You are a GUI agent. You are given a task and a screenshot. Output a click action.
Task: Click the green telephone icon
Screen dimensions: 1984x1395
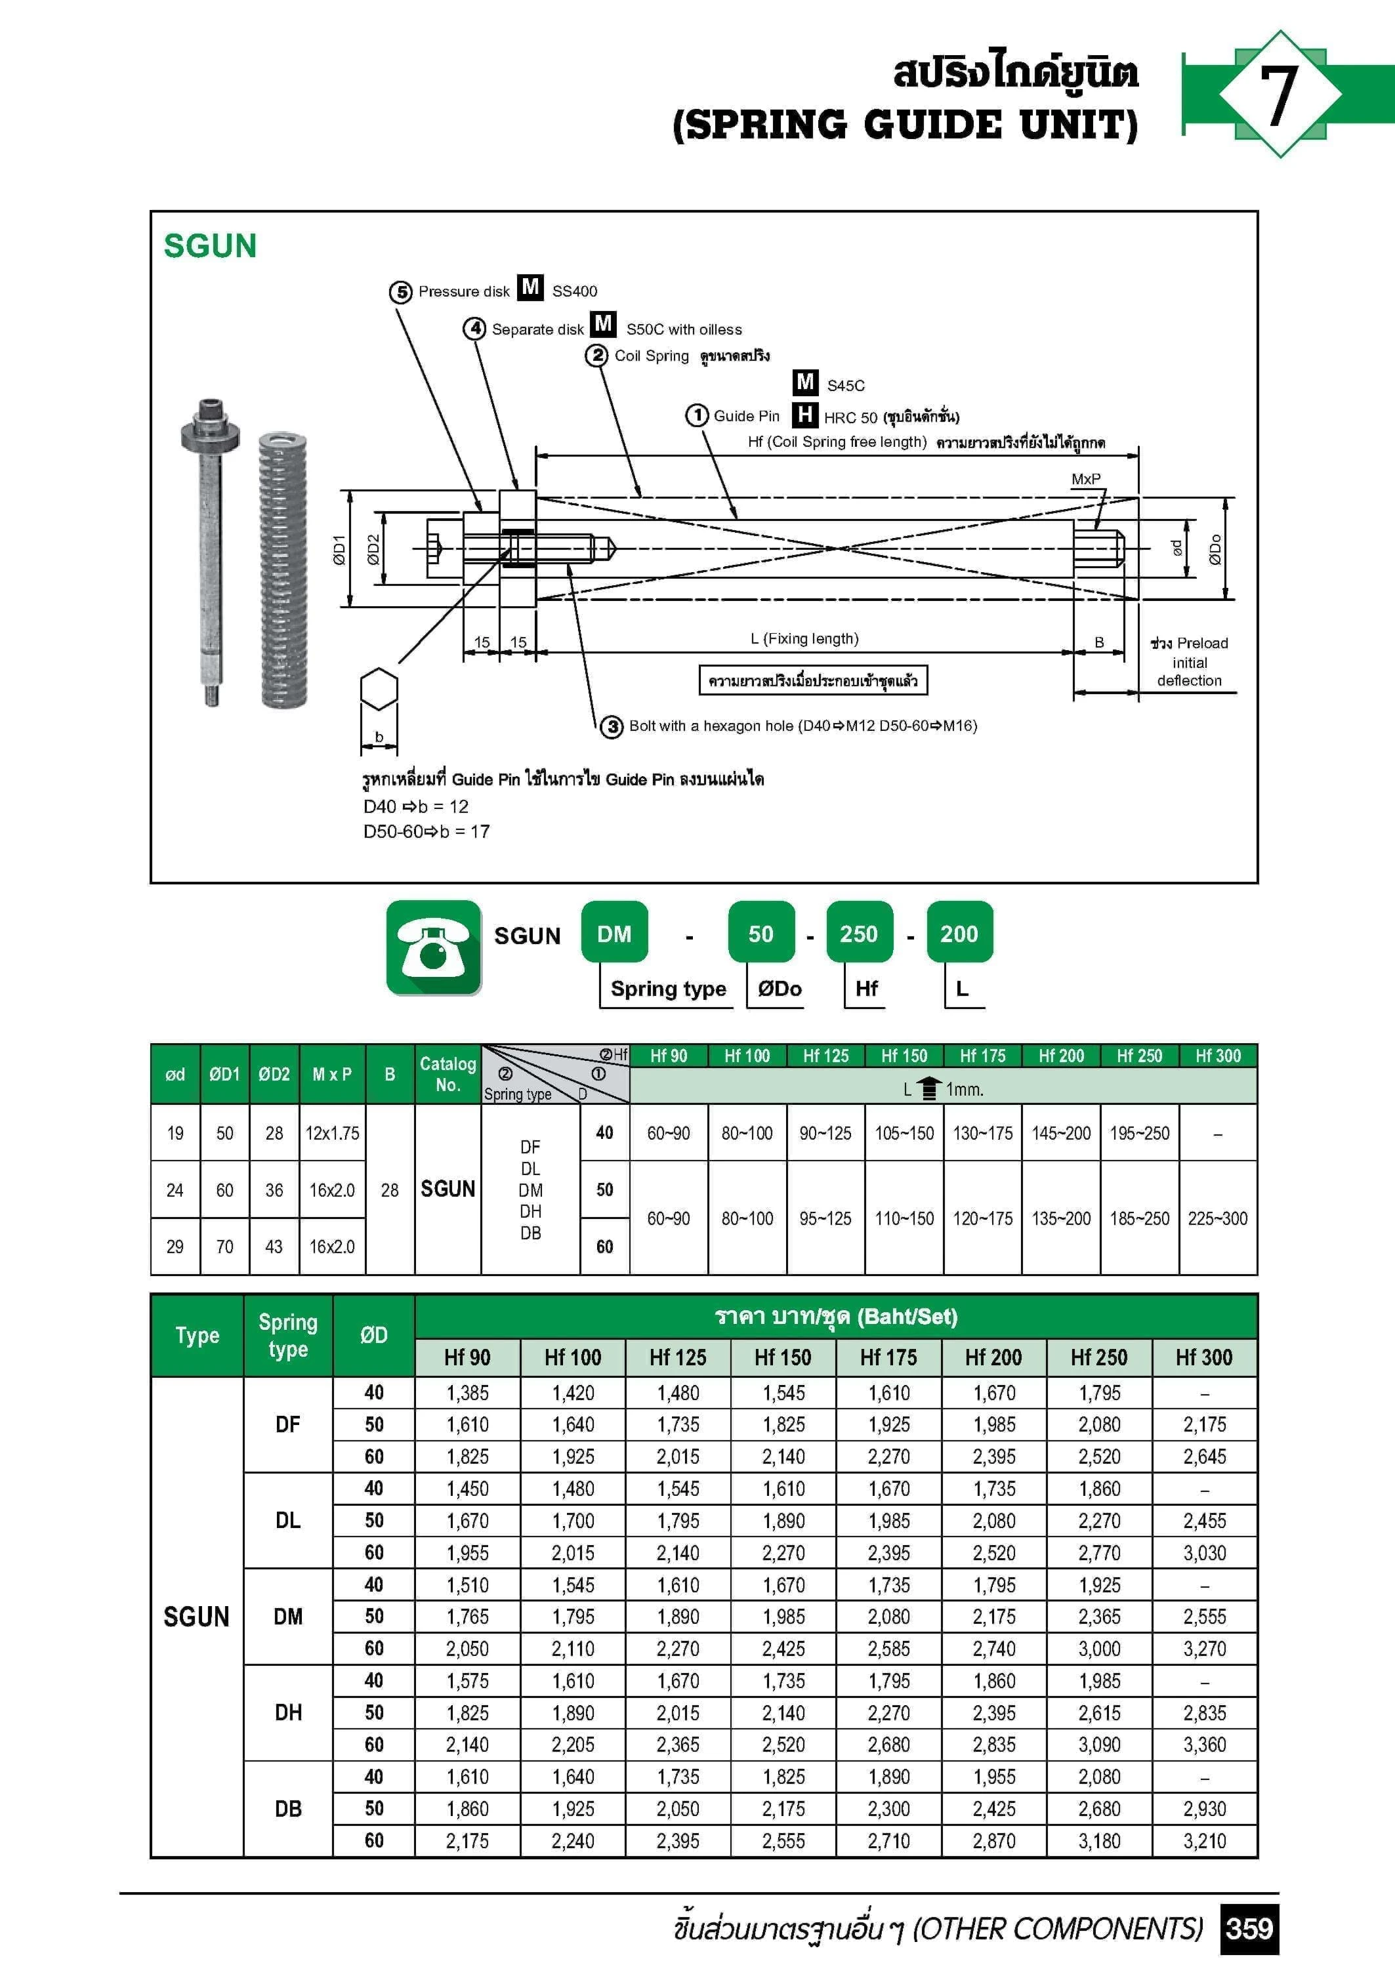(434, 947)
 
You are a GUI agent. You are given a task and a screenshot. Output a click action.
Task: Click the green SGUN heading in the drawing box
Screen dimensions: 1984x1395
(210, 246)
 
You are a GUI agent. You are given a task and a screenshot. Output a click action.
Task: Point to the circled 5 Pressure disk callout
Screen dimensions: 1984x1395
(400, 292)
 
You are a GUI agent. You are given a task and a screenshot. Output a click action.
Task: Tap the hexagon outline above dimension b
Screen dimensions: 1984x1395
(379, 690)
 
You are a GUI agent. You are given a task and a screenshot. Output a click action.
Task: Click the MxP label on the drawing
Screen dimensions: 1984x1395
(1085, 479)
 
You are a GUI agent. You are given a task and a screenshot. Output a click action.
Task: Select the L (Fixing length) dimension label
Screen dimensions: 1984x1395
(804, 638)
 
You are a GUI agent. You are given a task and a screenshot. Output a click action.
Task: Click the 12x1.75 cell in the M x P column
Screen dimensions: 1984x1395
(332, 1133)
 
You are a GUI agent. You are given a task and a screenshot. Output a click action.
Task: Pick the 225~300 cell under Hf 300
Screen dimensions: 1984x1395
(1217, 1218)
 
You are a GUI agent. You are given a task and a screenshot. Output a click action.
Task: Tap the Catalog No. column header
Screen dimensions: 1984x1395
(448, 1074)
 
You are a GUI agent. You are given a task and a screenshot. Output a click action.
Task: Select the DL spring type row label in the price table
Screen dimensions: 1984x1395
(288, 1520)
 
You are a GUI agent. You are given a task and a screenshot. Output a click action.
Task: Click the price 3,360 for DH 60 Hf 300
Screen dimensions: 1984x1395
(1204, 1745)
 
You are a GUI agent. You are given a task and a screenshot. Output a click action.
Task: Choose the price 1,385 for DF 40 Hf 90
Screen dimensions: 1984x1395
(468, 1393)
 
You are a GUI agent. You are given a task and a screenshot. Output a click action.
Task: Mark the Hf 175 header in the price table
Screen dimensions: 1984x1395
(888, 1357)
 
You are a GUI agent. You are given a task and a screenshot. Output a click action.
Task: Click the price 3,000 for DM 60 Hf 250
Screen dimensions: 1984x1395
(1098, 1649)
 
